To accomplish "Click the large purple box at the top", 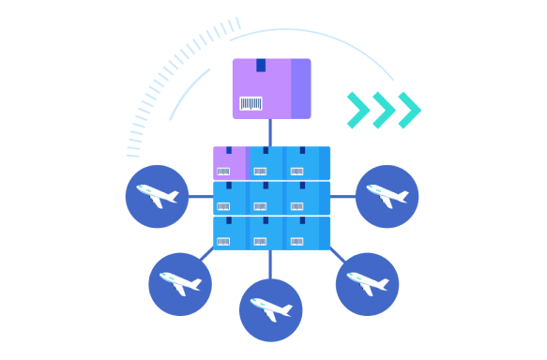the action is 271,88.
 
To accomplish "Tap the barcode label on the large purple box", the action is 251,103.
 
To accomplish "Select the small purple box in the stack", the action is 229,162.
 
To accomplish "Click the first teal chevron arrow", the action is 357,110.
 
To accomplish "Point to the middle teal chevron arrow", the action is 383,110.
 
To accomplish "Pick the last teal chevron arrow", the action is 408,110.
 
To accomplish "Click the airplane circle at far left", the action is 157,197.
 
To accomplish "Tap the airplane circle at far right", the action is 387,197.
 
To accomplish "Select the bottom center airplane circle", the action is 271,309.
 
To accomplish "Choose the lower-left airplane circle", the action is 180,283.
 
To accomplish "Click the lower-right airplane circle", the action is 367,283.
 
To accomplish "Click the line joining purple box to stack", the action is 270,132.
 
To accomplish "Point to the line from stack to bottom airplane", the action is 270,264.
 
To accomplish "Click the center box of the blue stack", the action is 266,198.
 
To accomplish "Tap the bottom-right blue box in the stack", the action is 307,233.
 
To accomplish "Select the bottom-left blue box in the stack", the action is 229,233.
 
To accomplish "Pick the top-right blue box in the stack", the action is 307,162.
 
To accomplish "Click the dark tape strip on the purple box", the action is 261,65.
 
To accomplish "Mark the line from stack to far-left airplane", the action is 201,197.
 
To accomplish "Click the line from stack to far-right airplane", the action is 342,197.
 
